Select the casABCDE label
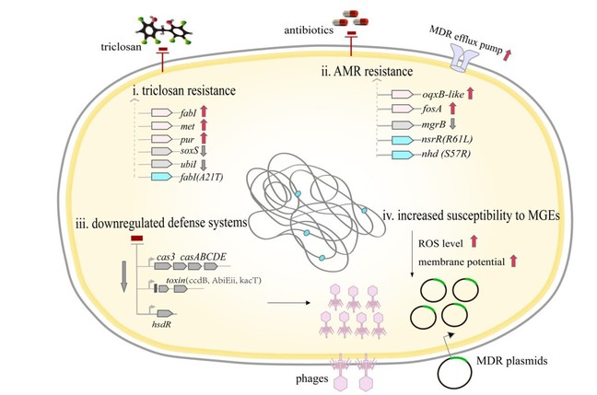tap(208, 256)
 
